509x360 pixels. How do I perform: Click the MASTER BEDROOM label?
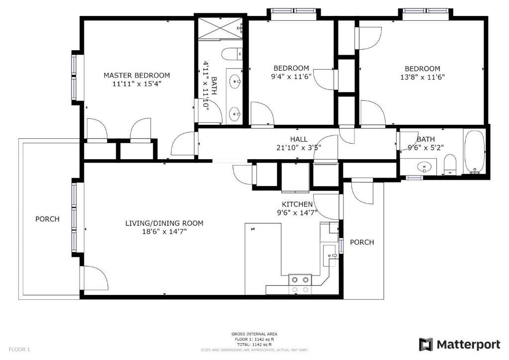(x=137, y=75)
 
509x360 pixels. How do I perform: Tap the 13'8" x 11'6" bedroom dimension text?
(x=423, y=77)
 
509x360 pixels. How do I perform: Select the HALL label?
(x=299, y=139)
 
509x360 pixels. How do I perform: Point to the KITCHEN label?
(x=297, y=204)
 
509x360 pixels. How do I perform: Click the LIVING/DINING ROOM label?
(x=164, y=223)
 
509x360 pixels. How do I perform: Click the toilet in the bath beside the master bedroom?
(x=232, y=54)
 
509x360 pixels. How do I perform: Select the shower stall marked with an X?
(x=220, y=28)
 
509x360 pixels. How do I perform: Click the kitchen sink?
(x=330, y=256)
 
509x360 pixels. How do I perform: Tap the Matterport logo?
(x=459, y=345)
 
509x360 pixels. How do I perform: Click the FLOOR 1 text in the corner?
(x=19, y=350)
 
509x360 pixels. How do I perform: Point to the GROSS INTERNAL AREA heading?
(x=254, y=334)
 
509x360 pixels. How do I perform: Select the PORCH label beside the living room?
(x=47, y=219)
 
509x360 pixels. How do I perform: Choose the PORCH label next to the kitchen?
(x=362, y=242)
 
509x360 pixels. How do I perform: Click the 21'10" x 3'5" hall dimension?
(x=299, y=148)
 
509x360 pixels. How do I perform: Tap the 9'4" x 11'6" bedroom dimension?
(x=291, y=77)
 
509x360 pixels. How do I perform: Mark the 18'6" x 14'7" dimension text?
(x=164, y=232)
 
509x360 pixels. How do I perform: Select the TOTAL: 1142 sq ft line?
(x=254, y=345)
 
